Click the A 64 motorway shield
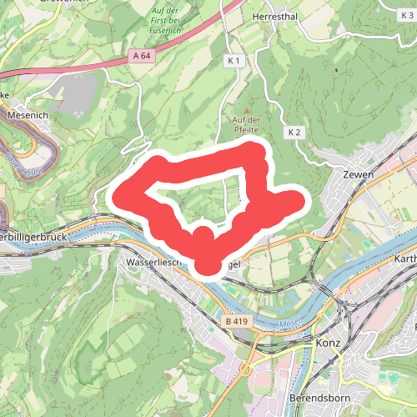142,55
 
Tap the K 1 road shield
234,62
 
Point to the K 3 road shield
408,4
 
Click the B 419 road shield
236,320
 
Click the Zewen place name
358,175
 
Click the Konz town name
330,343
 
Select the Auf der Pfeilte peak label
247,126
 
